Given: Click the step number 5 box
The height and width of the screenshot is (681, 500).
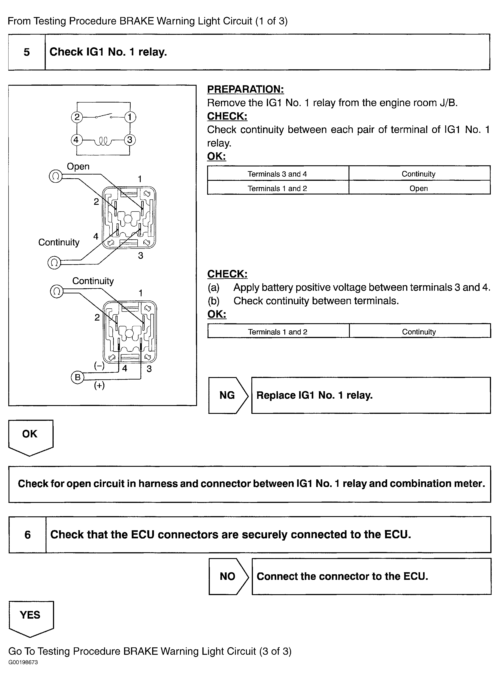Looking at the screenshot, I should [27, 52].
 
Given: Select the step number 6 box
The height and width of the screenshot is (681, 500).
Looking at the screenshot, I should [27, 535].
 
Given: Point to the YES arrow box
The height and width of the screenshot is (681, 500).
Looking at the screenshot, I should [30, 617].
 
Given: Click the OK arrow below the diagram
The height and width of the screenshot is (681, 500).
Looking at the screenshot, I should [30, 435].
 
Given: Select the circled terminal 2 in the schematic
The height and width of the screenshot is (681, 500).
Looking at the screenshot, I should [77, 117].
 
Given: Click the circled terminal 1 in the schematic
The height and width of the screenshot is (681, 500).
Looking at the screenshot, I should [130, 117].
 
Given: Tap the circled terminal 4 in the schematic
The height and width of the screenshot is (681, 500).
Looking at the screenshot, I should [76, 140].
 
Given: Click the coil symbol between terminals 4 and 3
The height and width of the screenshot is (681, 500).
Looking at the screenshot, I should [103, 141].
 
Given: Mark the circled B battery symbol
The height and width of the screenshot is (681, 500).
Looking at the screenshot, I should [77, 377].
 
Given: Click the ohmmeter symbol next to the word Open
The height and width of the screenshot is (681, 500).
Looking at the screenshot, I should [56, 176].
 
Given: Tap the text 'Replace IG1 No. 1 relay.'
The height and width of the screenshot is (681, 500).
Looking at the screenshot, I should [314, 395].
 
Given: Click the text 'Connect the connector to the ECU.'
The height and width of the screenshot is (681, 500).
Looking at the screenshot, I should [342, 576].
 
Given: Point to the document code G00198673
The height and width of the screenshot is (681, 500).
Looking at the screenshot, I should [23, 662].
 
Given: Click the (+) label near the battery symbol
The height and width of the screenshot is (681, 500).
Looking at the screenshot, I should [99, 385].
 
